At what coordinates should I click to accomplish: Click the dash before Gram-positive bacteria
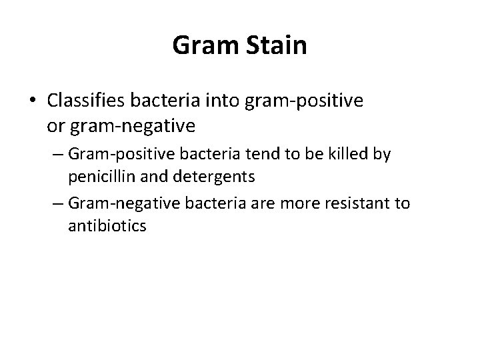(59, 155)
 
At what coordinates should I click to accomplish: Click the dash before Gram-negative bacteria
(59, 203)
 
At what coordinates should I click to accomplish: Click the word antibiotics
(107, 225)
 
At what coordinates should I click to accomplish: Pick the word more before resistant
(299, 203)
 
